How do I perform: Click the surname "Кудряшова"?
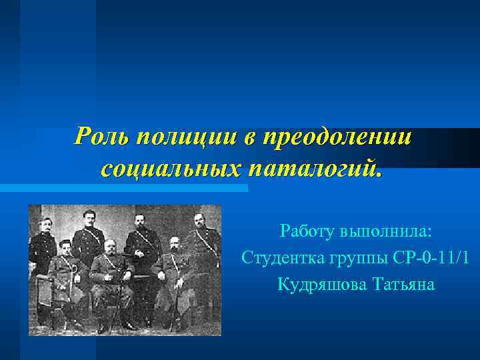click(317, 285)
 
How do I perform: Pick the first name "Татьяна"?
click(402, 285)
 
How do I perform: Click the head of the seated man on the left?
click(65, 247)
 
